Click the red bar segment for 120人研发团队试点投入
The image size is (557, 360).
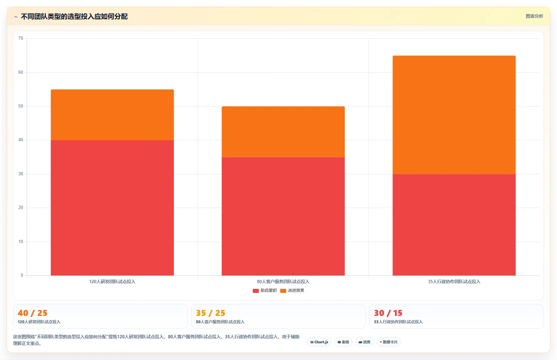112,208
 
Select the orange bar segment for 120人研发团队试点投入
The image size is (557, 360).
112,115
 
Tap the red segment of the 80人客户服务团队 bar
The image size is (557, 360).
283,216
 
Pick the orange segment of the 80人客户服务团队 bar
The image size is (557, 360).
283,132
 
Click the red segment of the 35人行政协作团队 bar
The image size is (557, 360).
454,225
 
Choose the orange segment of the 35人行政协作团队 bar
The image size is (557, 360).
454,115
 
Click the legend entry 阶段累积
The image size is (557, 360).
265,291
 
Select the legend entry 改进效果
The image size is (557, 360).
292,291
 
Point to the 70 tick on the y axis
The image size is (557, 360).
21,38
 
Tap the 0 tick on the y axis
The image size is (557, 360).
22,276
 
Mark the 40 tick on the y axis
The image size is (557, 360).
21,140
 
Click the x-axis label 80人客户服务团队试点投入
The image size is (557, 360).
283,282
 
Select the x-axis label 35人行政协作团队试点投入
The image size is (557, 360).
454,282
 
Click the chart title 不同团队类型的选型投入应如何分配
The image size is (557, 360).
74,16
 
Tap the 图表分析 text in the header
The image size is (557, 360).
534,16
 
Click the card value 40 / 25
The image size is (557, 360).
32,313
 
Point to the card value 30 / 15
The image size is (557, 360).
388,313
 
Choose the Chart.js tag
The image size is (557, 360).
319,342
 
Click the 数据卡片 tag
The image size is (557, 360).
389,342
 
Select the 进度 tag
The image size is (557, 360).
364,342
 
